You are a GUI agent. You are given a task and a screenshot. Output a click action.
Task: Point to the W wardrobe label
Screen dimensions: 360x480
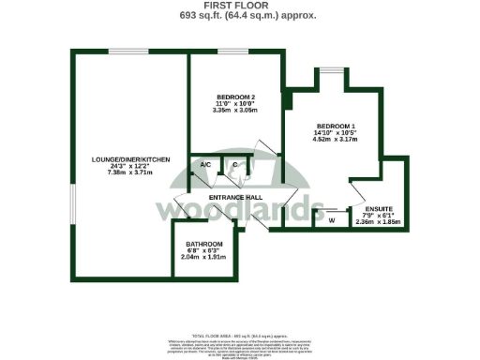[x=331, y=220]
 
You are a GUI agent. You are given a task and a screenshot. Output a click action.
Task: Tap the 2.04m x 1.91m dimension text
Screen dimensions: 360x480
[x=202, y=257]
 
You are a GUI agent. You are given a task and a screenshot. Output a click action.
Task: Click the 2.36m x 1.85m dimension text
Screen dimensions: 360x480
[x=380, y=221]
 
